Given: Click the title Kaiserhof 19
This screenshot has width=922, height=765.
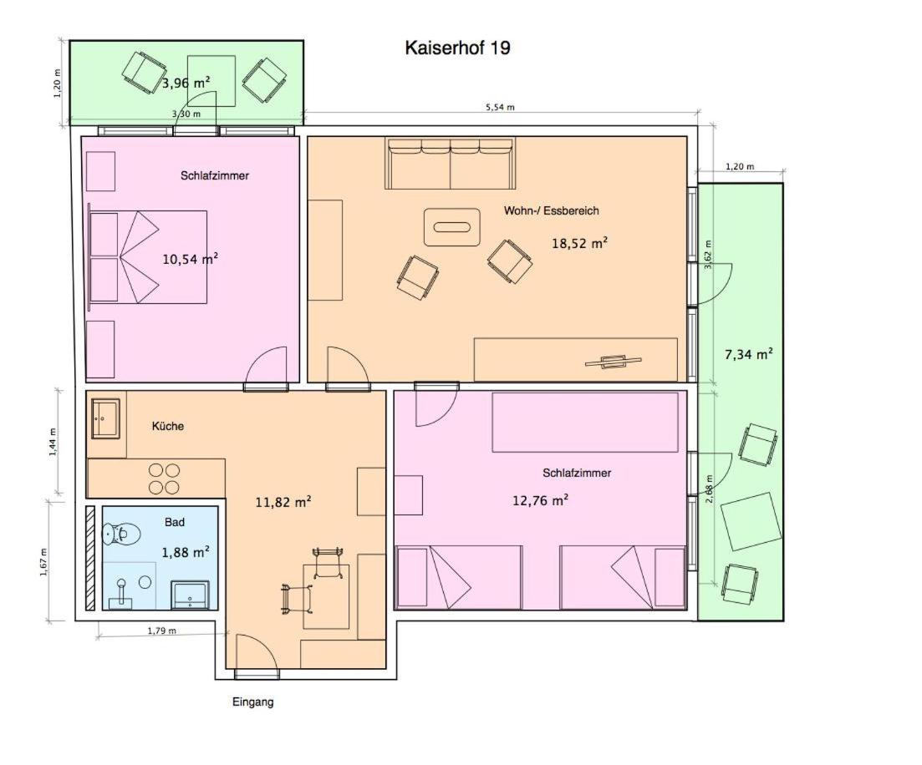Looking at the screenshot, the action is tap(457, 48).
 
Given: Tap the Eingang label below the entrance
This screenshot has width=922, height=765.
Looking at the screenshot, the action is tap(252, 702).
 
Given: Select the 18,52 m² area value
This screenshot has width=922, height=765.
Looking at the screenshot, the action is tap(579, 243).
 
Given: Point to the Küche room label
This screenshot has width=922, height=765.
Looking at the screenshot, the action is tap(167, 426).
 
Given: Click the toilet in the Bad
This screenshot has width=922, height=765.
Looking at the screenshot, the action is tap(121, 534).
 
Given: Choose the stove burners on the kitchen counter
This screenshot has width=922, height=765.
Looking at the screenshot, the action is tap(164, 479).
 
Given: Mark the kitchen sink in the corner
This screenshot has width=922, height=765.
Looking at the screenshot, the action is tap(106, 418).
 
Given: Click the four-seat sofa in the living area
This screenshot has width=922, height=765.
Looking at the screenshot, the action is tap(450, 164).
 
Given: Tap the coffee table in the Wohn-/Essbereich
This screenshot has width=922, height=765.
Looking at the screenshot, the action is tap(452, 227).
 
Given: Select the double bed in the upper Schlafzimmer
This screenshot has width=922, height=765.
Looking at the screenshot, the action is tap(148, 256).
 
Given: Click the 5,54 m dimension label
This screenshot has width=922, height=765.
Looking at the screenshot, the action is tap(500, 107).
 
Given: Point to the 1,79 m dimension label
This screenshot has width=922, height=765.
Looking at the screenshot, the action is tap(161, 631).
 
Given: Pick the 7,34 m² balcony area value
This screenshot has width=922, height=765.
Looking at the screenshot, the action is tap(748, 354).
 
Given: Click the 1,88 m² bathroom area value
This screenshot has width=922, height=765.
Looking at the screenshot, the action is tap(186, 552).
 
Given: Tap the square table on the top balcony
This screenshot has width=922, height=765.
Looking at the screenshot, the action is tap(211, 81).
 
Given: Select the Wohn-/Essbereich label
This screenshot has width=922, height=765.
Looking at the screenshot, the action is tap(551, 210).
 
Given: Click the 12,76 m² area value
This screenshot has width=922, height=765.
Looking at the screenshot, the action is tap(540, 500).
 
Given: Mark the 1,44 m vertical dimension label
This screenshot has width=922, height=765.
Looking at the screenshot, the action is tap(53, 442).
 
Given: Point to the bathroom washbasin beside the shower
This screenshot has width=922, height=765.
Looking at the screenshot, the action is tap(190, 595).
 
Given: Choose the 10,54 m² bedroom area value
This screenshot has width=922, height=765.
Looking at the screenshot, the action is tap(191, 259).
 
